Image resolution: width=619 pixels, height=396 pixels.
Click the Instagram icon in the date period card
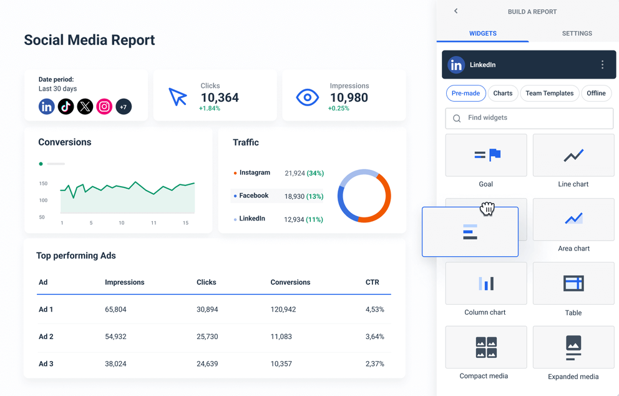(x=104, y=107)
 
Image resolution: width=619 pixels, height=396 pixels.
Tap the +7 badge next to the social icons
(x=124, y=107)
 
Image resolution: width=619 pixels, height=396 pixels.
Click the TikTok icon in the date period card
(x=66, y=107)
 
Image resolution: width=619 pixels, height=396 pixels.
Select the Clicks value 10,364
(x=220, y=97)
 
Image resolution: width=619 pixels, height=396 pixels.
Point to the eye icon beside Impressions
(x=307, y=97)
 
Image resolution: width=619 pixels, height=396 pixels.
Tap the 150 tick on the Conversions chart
(x=43, y=184)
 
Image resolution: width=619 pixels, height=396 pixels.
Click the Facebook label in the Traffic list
(x=253, y=196)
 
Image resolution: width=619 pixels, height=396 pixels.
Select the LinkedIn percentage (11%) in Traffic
(x=314, y=219)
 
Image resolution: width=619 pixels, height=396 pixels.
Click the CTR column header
(x=372, y=282)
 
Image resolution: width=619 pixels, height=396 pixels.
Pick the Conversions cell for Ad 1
(x=283, y=309)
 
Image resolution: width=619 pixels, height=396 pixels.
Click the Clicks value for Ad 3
(x=207, y=364)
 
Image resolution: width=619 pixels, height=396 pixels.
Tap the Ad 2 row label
(x=46, y=337)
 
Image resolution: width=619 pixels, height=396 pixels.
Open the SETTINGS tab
(x=577, y=33)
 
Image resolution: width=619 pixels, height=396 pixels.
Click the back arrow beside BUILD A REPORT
(x=456, y=11)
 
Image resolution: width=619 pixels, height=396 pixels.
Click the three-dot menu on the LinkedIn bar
(x=602, y=65)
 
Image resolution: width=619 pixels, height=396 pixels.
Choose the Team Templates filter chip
(x=549, y=93)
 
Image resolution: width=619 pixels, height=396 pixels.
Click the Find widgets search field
(x=529, y=118)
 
